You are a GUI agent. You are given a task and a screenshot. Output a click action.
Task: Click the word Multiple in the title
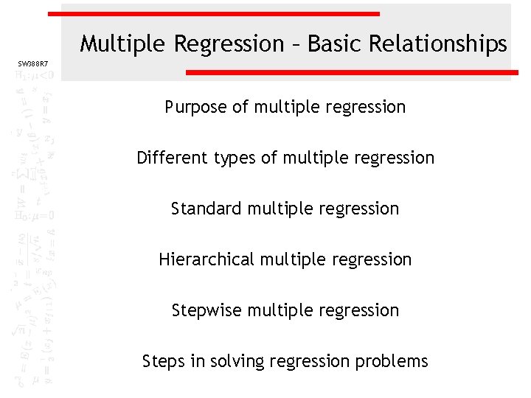[x=124, y=44]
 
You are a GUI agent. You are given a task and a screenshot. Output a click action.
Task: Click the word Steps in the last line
[x=164, y=361]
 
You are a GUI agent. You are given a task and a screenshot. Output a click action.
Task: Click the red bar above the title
[x=214, y=13]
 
